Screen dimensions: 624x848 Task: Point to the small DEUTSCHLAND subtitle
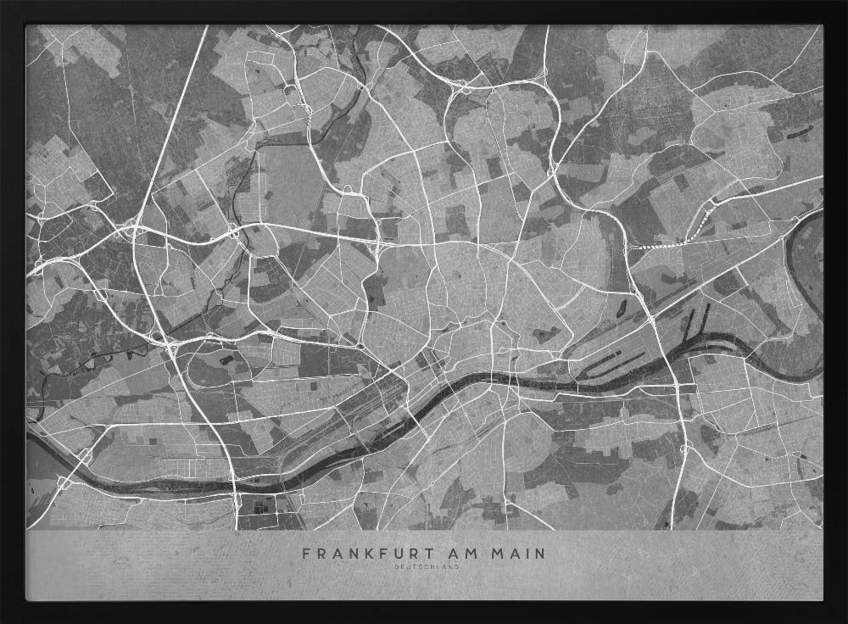(424, 566)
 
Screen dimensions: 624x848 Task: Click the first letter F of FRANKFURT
(306, 554)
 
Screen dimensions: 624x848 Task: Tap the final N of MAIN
(541, 554)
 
